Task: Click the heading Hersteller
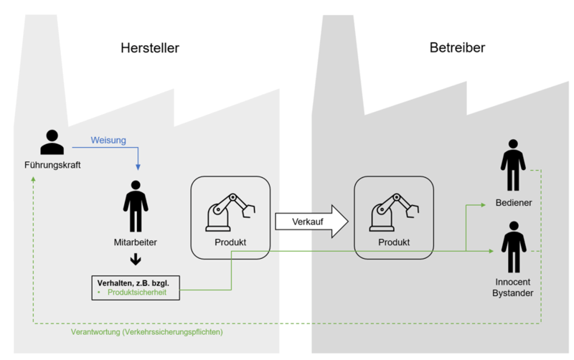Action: pyautogui.click(x=149, y=49)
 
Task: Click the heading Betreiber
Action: pyautogui.click(x=457, y=48)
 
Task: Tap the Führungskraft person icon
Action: pyautogui.click(x=52, y=142)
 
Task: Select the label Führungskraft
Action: pyautogui.click(x=52, y=166)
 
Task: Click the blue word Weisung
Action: pyautogui.click(x=108, y=140)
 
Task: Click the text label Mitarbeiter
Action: pyautogui.click(x=136, y=242)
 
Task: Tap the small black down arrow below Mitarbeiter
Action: pyautogui.click(x=136, y=260)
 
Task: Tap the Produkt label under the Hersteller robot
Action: pyautogui.click(x=230, y=242)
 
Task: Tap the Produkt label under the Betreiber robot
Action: pyautogui.click(x=393, y=242)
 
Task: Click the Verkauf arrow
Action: pyautogui.click(x=310, y=222)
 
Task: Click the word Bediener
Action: pyautogui.click(x=514, y=203)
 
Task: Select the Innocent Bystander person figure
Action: pyautogui.click(x=513, y=247)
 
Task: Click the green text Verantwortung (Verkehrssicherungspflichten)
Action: pyautogui.click(x=147, y=333)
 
